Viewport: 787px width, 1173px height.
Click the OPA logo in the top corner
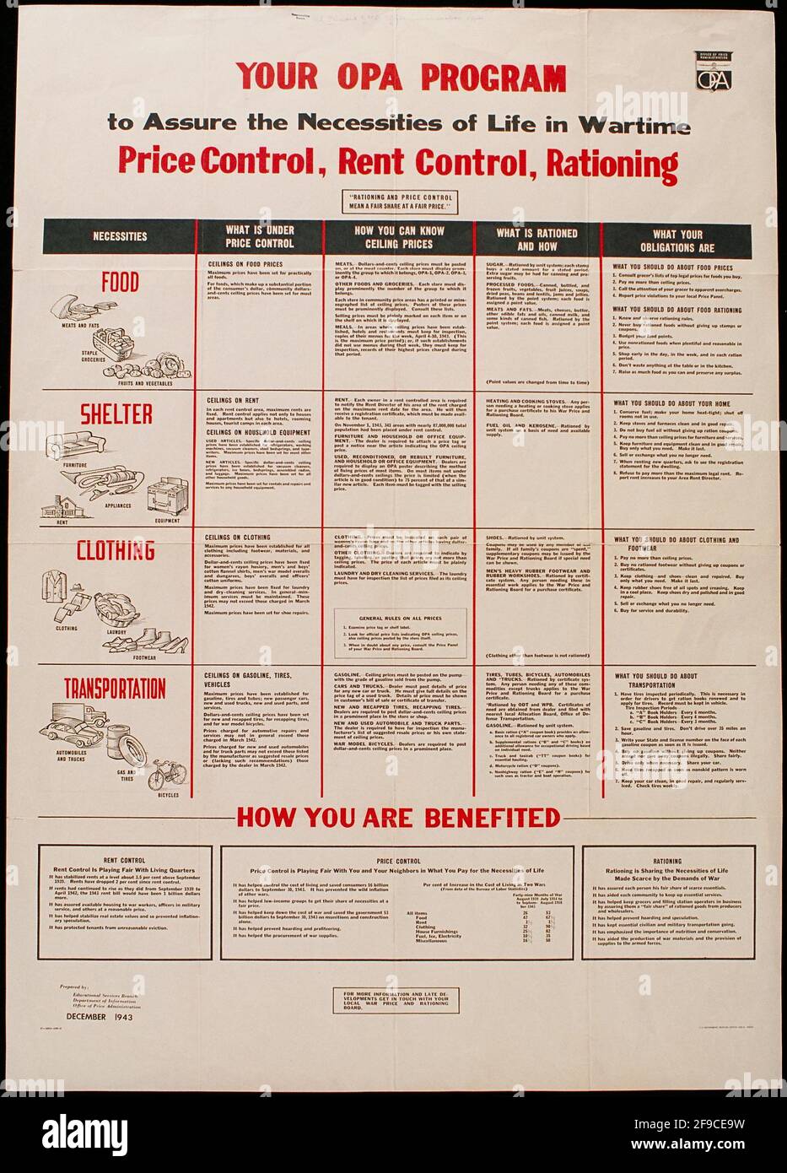pyautogui.click(x=713, y=71)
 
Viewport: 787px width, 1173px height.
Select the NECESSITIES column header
pyautogui.click(x=119, y=237)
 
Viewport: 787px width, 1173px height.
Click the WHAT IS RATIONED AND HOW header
pyautogui.click(x=536, y=239)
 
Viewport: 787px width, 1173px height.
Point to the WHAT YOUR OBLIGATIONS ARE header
pyautogui.click(x=676, y=241)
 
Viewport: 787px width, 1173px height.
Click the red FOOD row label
pyautogui.click(x=120, y=282)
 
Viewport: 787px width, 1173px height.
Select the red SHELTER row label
pyautogui.click(x=116, y=414)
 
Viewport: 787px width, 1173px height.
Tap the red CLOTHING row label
pyautogui.click(x=116, y=551)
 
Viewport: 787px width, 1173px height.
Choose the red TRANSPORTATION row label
pyautogui.click(x=115, y=689)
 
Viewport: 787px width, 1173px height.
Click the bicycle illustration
pyautogui.click(x=168, y=775)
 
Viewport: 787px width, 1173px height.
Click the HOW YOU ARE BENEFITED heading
pyautogui.click(x=398, y=817)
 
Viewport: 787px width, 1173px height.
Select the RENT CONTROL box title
pyautogui.click(x=125, y=860)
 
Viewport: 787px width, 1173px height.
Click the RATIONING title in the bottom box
pyautogui.click(x=667, y=861)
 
